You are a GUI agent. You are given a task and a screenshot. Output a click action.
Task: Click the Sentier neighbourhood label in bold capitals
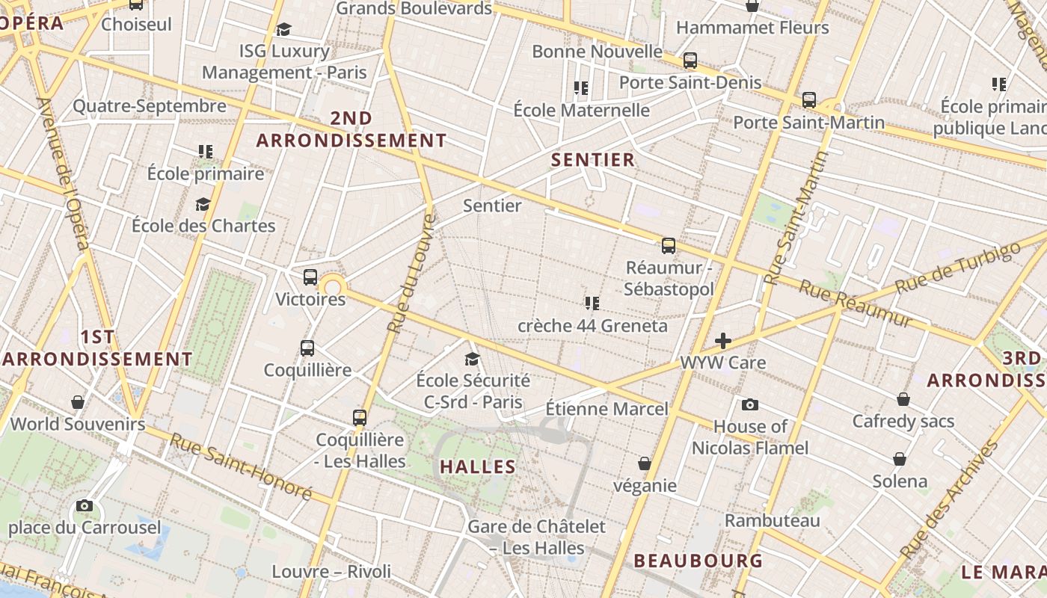593,159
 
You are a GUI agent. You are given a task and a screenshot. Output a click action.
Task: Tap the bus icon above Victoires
310,277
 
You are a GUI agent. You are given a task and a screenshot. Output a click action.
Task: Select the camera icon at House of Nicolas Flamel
750,404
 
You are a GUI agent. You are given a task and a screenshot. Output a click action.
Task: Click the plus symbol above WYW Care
722,341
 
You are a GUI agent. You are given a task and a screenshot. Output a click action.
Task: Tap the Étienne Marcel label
607,409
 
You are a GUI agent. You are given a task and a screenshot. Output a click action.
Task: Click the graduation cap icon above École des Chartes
203,204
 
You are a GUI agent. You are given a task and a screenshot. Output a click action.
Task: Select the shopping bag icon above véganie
645,463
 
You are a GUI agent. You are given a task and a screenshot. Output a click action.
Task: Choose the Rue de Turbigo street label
957,268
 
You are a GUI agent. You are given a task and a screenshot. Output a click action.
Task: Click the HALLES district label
478,467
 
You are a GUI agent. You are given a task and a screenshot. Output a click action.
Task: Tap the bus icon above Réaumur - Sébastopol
669,245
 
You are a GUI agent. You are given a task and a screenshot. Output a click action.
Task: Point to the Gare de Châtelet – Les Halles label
536,537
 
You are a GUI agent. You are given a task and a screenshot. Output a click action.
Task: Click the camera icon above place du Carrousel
85,506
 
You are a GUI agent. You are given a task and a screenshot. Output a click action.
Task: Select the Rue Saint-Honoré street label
240,466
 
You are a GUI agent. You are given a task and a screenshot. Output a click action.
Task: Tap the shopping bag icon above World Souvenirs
78,403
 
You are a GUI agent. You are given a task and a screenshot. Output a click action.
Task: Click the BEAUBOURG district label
698,561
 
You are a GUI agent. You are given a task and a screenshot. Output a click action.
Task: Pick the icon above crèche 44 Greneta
592,303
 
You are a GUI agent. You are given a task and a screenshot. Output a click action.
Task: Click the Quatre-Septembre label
150,106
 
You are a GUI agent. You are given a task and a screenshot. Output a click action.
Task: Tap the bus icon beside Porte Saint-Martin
808,99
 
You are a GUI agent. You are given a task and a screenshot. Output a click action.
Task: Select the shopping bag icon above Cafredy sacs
903,399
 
